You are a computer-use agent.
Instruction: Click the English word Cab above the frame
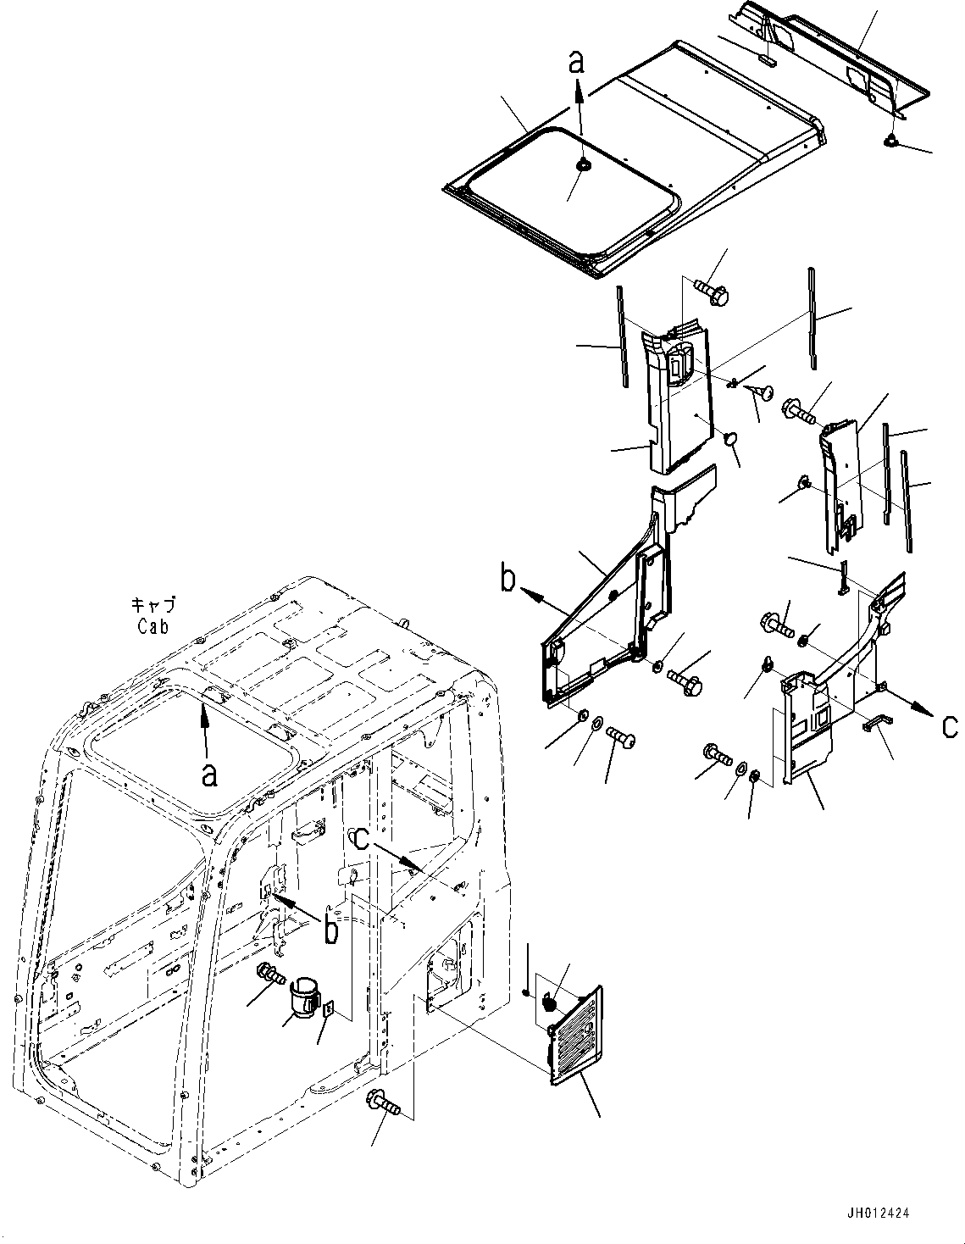tap(153, 626)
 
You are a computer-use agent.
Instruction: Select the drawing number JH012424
tap(877, 1213)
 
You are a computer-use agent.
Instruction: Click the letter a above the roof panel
tap(577, 61)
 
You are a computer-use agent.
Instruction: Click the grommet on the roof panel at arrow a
tap(581, 165)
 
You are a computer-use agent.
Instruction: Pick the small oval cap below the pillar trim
tap(729, 438)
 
